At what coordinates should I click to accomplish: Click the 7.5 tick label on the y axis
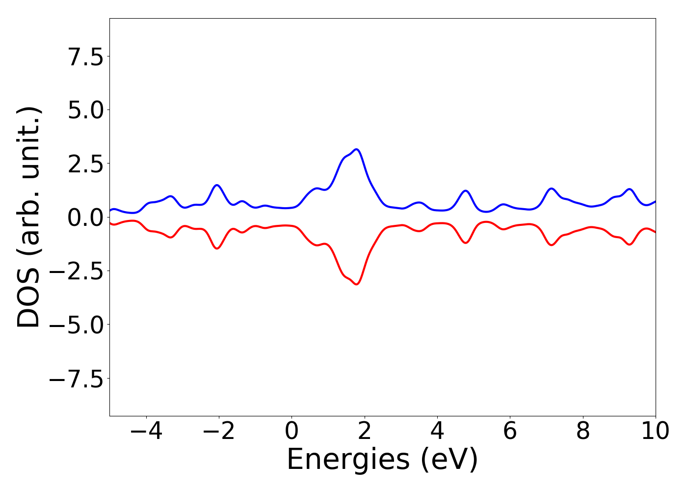click(85, 57)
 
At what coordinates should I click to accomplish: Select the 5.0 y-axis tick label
click(85, 110)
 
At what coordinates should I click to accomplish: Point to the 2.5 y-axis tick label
click(85, 164)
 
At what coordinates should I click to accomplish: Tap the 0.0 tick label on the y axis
click(85, 218)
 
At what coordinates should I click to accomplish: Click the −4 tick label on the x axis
click(146, 431)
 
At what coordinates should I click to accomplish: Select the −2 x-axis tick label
click(218, 431)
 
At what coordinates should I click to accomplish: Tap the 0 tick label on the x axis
click(291, 431)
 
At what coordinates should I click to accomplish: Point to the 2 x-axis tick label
click(364, 431)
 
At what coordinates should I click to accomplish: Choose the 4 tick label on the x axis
click(437, 431)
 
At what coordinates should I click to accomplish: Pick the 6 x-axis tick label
click(510, 431)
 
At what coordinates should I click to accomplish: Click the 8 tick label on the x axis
click(583, 431)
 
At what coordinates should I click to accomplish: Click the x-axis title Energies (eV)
click(382, 460)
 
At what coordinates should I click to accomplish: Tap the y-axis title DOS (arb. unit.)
click(29, 217)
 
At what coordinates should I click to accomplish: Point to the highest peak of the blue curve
click(356, 149)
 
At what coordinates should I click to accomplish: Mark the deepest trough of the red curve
click(356, 284)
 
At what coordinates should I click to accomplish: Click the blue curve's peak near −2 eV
click(217, 185)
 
